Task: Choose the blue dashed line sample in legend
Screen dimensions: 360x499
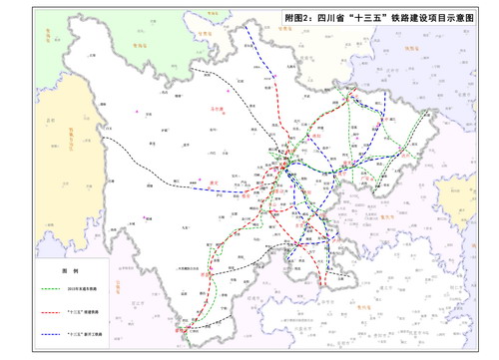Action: click(x=54, y=329)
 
